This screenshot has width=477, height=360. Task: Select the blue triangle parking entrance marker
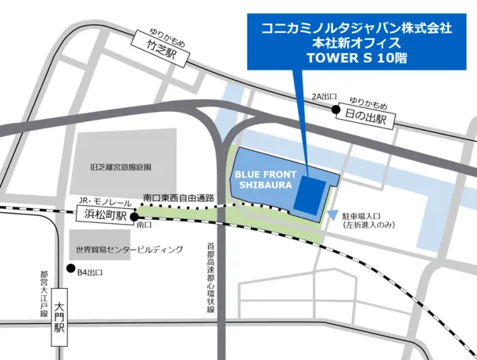coord(334,213)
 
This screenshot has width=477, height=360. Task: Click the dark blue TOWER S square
coord(311,195)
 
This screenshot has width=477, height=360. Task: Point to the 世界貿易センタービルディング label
coord(129,250)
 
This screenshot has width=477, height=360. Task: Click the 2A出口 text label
coord(324,96)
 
